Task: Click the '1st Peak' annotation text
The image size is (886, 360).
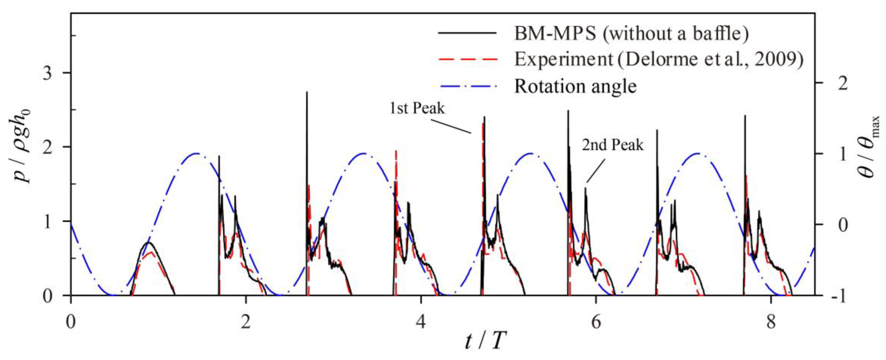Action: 417,108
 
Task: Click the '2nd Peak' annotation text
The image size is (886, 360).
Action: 612,145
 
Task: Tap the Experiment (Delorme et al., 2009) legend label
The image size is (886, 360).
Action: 659,59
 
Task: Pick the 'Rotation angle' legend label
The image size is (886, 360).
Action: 575,86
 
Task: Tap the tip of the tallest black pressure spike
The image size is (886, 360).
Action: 307,92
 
